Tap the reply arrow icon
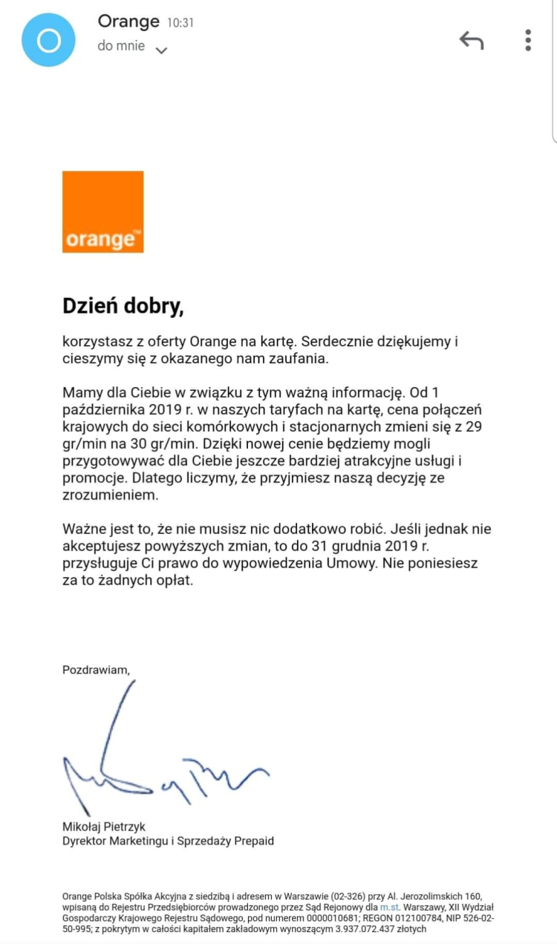(472, 40)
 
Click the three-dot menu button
(528, 40)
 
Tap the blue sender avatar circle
(49, 40)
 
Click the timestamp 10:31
(180, 23)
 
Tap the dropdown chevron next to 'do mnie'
(161, 51)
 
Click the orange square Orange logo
(102, 212)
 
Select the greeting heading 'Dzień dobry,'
(123, 306)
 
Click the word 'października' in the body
(103, 409)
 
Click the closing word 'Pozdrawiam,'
(96, 669)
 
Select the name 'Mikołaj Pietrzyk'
(103, 827)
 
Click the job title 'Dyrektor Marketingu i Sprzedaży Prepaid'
(168, 841)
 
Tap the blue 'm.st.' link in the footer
(389, 907)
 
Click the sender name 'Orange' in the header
(128, 22)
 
